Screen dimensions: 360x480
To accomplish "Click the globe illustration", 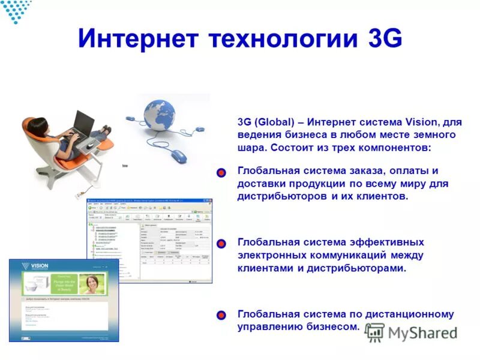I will [160, 115].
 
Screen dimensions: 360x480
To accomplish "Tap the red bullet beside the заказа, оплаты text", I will [221, 173].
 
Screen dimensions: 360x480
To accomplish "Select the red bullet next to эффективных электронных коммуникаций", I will [221, 244].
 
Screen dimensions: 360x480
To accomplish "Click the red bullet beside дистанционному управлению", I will [221, 315].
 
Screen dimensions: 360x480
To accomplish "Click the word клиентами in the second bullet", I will [264, 268].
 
